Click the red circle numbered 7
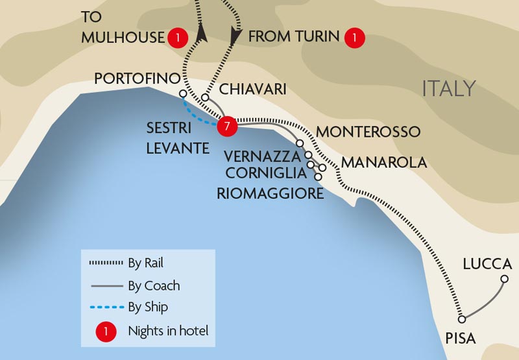[x=226, y=126]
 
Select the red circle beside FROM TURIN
[x=354, y=38]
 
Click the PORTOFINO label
[x=136, y=78]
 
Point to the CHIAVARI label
[x=253, y=89]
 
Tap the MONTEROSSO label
[x=368, y=132]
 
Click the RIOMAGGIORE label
[x=270, y=193]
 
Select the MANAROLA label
[x=384, y=162]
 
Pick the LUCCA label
[x=487, y=264]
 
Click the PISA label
[x=461, y=338]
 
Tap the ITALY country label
[x=449, y=88]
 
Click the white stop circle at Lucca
[x=505, y=280]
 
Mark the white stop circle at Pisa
[x=462, y=319]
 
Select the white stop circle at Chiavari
[x=204, y=98]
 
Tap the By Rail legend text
[x=146, y=263]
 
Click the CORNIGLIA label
[x=265, y=173]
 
